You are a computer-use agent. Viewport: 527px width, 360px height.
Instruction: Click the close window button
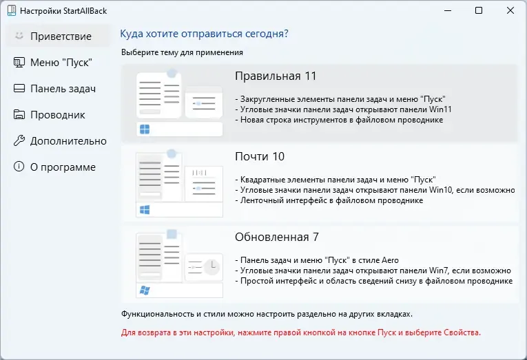point(510,10)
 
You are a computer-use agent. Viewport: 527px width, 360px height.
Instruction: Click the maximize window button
point(479,10)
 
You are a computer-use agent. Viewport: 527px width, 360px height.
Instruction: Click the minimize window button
point(447,10)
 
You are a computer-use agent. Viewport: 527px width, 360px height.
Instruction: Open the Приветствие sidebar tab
point(60,36)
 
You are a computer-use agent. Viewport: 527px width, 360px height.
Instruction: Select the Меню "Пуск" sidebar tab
point(61,62)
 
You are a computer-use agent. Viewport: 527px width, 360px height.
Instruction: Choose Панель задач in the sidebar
point(62,88)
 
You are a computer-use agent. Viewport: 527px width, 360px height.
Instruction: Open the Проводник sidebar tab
point(57,114)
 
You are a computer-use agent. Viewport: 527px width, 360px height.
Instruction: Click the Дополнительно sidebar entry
point(68,140)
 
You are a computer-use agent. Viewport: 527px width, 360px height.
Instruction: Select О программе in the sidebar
point(63,167)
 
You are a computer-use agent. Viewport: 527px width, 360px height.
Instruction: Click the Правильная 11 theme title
point(276,76)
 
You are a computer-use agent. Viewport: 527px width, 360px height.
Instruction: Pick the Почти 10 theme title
point(260,156)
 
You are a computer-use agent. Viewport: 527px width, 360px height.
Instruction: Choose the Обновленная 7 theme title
point(276,237)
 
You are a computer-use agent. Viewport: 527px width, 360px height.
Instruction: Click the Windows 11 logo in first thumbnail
point(145,129)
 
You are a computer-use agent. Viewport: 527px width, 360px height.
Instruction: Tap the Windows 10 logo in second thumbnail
point(145,209)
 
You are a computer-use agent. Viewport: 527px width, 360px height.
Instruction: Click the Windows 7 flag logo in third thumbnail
point(145,290)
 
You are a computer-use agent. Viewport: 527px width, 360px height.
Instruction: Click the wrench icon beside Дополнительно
point(19,140)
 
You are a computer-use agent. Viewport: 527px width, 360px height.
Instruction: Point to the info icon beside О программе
point(19,167)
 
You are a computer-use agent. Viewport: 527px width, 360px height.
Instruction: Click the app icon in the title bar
point(11,11)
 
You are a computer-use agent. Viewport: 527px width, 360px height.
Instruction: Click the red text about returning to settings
point(301,332)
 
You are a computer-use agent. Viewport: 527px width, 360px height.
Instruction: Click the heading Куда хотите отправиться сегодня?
point(204,34)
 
